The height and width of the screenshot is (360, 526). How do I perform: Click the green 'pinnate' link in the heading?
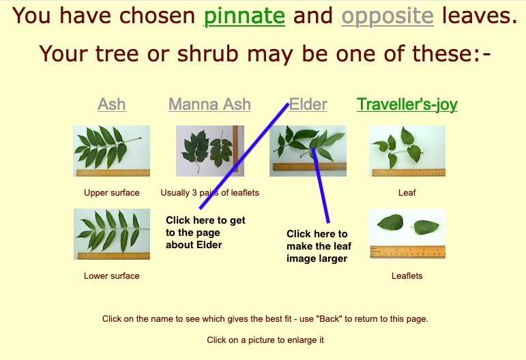(x=244, y=16)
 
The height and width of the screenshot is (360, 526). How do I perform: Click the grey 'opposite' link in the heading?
(x=388, y=16)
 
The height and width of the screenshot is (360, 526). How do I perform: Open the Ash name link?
(x=112, y=104)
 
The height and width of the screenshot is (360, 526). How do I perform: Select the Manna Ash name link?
(x=209, y=104)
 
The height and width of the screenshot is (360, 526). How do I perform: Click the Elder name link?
(x=308, y=104)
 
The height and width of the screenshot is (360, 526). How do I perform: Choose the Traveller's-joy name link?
(x=407, y=104)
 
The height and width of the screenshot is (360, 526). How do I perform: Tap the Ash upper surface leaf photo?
(x=111, y=151)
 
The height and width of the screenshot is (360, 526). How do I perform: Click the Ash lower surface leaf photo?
(x=112, y=234)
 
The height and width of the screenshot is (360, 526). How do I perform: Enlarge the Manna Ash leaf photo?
(x=210, y=151)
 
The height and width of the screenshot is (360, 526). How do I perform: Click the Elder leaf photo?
(x=308, y=151)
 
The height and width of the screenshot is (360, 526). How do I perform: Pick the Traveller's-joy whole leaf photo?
(x=407, y=151)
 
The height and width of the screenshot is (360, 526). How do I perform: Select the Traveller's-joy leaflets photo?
(x=407, y=234)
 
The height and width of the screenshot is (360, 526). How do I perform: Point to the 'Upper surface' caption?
(x=112, y=193)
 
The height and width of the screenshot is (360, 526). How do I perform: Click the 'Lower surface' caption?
(x=112, y=276)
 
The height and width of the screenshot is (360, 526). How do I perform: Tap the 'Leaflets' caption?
(x=407, y=276)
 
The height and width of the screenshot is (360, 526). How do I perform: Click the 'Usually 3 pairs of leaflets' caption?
(x=209, y=193)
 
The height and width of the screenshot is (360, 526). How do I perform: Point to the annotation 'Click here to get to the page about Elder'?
(x=205, y=232)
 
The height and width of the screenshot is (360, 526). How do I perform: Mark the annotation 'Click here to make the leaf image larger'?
(x=319, y=246)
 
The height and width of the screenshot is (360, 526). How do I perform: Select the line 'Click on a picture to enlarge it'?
(x=265, y=340)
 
